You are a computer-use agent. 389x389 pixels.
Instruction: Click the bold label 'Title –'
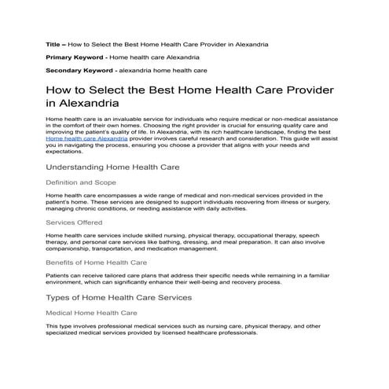[x=56, y=46]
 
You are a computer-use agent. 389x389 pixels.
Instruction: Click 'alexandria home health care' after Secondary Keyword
[x=152, y=70]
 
